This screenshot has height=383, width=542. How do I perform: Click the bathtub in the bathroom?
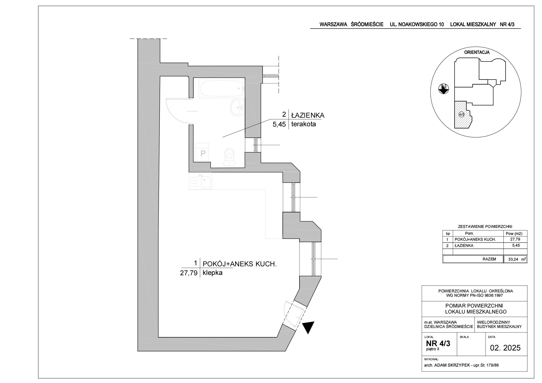(221, 88)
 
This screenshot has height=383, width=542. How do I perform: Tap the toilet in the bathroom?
(229, 157)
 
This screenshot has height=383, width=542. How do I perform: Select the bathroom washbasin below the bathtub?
(237, 107)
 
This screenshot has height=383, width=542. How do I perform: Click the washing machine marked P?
(202, 152)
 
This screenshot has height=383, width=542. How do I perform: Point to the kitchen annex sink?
(206, 182)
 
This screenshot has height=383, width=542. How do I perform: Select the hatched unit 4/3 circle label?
(462, 115)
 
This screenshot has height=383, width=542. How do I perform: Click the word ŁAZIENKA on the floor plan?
(308, 115)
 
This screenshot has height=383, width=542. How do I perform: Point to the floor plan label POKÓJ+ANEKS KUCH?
(239, 264)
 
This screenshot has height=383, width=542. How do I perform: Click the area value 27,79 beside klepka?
(189, 273)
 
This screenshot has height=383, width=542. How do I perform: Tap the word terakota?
(303, 124)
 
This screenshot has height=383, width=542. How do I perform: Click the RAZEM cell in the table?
(489, 259)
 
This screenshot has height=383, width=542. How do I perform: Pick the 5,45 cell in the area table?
(515, 245)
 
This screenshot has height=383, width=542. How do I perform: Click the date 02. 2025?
(505, 348)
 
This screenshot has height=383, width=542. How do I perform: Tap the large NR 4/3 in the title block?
(438, 344)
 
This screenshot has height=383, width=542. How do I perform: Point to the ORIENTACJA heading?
(477, 52)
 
